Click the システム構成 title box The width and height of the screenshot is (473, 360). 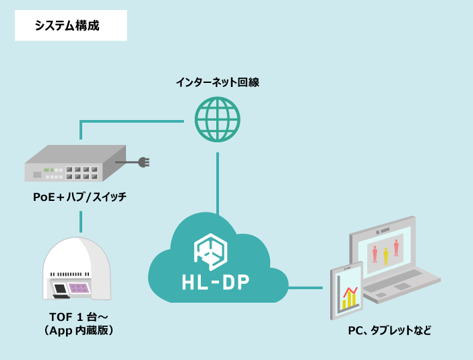[x=71, y=26]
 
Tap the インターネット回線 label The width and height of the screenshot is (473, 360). [x=217, y=82]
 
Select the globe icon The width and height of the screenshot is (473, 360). [x=217, y=119]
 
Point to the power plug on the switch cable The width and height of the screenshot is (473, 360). [x=142, y=162]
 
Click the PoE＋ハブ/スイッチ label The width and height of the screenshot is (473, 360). [x=80, y=197]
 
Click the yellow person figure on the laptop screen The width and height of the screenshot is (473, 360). [x=386, y=256]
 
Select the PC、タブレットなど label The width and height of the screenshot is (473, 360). [x=389, y=330]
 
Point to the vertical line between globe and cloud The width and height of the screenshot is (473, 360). [x=217, y=182]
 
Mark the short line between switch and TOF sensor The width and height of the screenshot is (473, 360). [x=81, y=221]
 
